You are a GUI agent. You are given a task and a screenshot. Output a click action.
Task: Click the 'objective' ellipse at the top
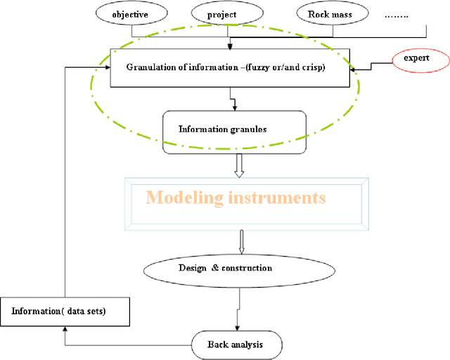coord(131,13)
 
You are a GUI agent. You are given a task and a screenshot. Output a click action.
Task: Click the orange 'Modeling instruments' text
coord(236,198)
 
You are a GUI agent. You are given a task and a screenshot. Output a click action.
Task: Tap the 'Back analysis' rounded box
coord(237,345)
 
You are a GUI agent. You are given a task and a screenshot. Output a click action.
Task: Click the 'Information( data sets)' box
coord(63,311)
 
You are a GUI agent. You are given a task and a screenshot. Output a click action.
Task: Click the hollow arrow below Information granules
coord(238,162)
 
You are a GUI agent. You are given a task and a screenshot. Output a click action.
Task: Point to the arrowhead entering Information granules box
coord(233,106)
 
